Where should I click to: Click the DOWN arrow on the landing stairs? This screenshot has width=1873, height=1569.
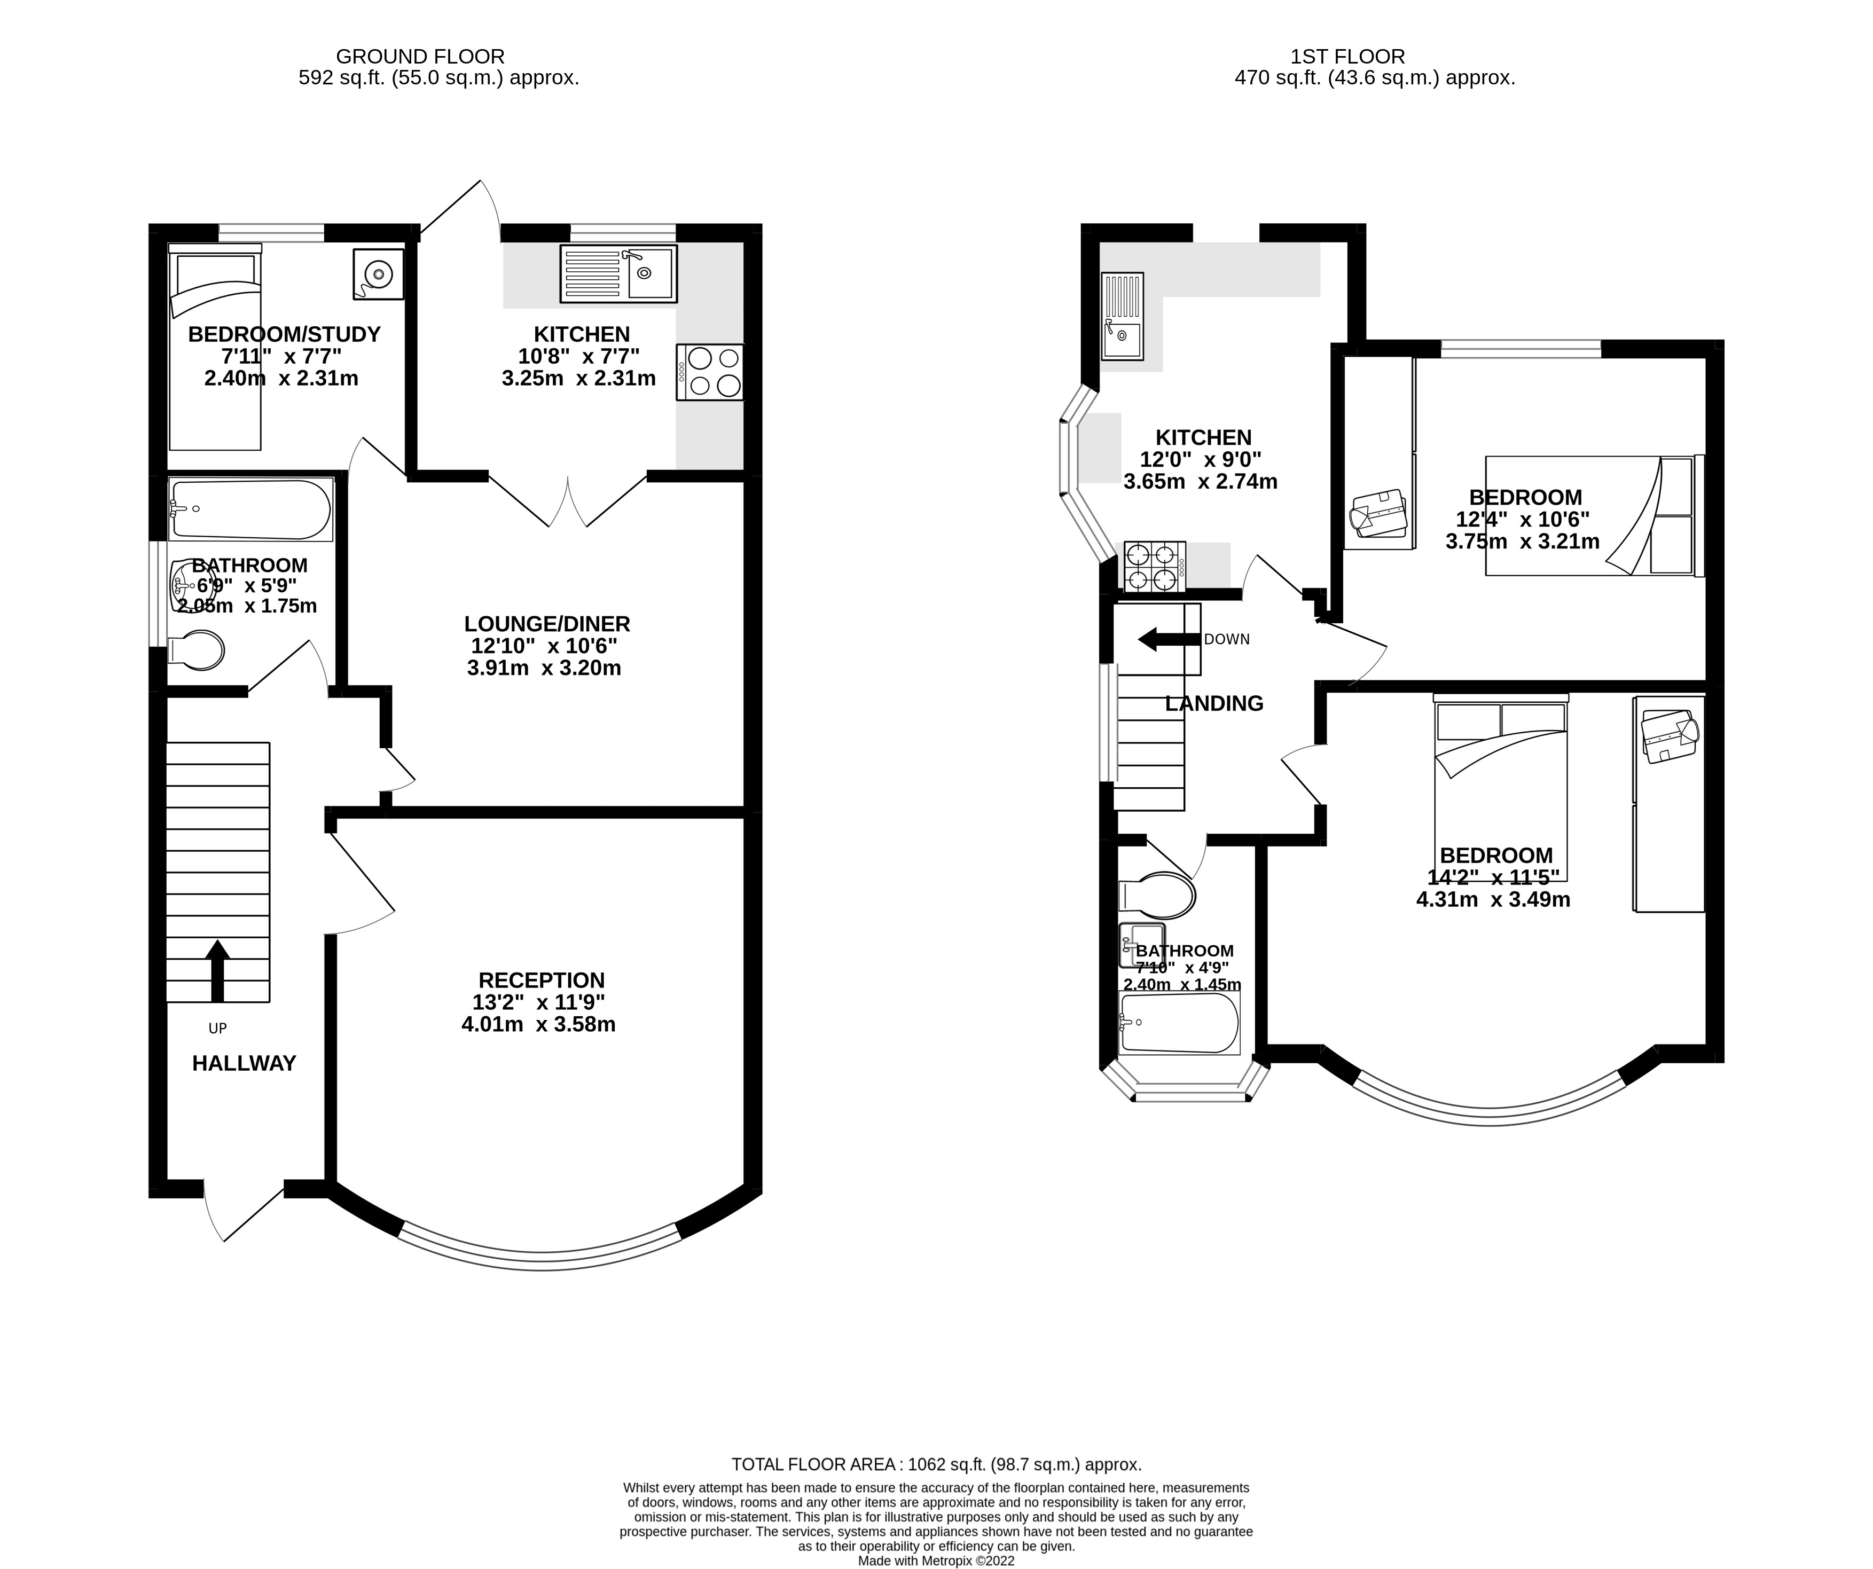point(1169,639)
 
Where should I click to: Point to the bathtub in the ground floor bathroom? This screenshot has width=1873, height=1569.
point(250,510)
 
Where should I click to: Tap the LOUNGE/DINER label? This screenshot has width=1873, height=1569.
point(547,624)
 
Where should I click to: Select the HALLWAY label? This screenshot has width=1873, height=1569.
point(244,1063)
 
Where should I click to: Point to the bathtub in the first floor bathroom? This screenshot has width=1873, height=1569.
point(1179,1023)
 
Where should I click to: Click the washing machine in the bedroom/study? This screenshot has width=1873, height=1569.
point(378,274)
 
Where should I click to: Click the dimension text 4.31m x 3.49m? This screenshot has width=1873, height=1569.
point(1493,900)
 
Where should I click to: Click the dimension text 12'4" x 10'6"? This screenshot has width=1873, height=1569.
point(1523,519)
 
